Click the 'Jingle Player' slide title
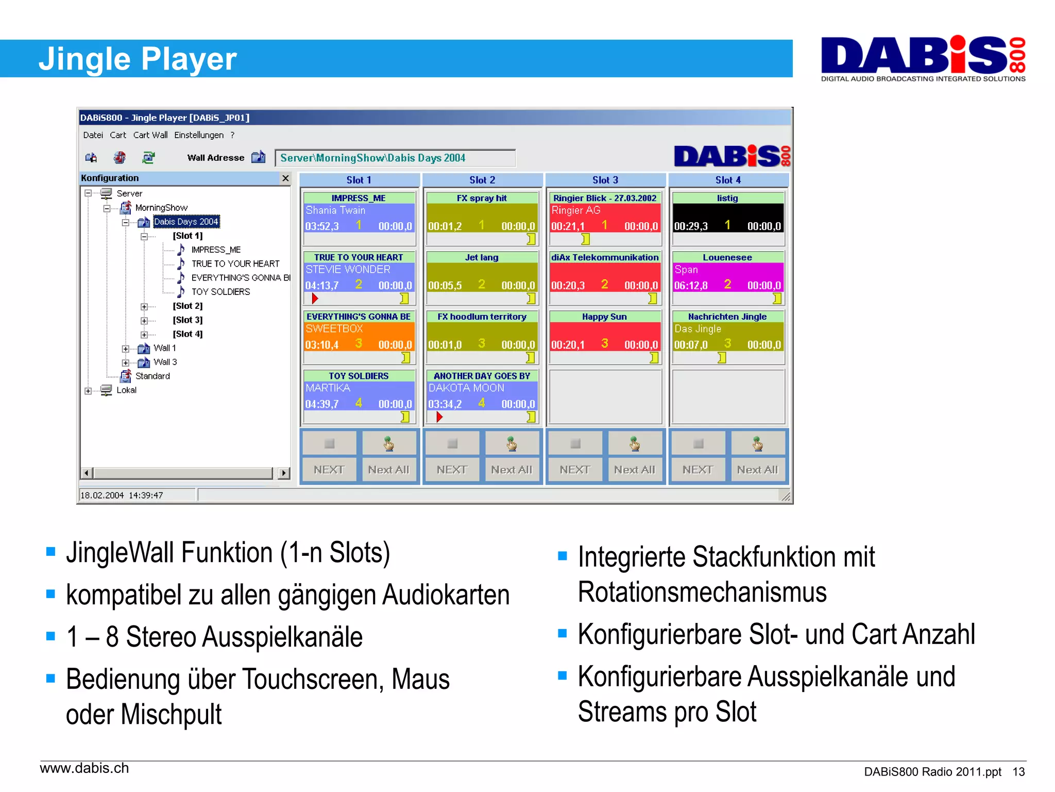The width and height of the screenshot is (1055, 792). (x=138, y=59)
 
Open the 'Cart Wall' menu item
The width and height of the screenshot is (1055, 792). (x=150, y=135)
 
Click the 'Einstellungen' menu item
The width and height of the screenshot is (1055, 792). (x=199, y=135)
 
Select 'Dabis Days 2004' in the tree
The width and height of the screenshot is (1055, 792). (x=186, y=222)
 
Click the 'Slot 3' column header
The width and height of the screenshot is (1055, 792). (x=605, y=180)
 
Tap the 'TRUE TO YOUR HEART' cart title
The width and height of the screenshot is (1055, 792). (x=359, y=257)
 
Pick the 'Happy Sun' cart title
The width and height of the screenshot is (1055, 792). (x=604, y=317)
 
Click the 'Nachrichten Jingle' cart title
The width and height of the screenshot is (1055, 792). (x=727, y=317)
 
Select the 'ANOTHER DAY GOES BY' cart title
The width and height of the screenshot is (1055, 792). (x=482, y=376)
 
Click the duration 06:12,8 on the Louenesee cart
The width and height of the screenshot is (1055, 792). (x=691, y=286)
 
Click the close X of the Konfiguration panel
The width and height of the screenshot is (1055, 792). (x=285, y=178)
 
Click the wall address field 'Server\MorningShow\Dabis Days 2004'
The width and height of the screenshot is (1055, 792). (x=395, y=158)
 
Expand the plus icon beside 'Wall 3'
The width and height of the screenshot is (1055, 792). (x=125, y=362)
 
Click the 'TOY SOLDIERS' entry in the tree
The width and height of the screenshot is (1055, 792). (x=220, y=292)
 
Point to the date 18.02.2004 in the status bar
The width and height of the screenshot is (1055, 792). (x=102, y=496)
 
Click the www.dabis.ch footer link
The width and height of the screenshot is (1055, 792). (x=84, y=768)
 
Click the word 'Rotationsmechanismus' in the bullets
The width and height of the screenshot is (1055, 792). (x=702, y=592)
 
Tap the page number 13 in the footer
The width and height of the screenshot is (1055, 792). (x=1018, y=772)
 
